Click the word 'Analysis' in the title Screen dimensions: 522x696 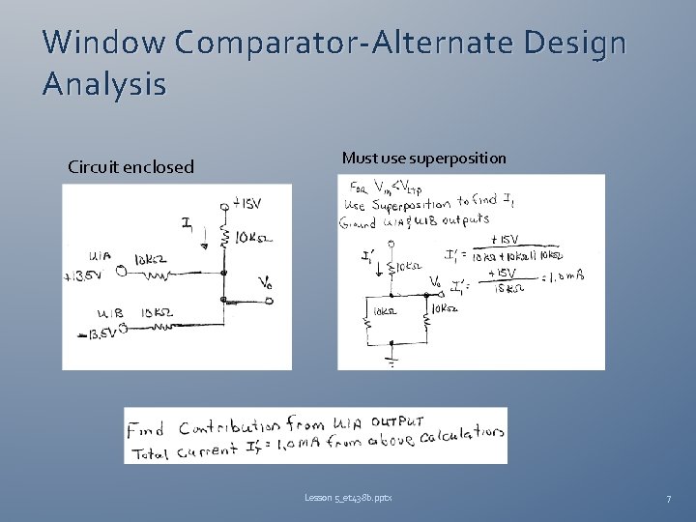point(104,85)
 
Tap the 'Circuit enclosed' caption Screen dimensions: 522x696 point(130,167)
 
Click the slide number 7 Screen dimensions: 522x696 point(668,499)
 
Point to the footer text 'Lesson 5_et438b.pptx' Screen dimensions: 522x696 point(348,498)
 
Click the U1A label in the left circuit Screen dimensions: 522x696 point(100,257)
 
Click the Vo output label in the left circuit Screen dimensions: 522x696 point(265,282)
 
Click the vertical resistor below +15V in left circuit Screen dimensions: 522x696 point(224,238)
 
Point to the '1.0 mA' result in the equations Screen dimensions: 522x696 point(571,277)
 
